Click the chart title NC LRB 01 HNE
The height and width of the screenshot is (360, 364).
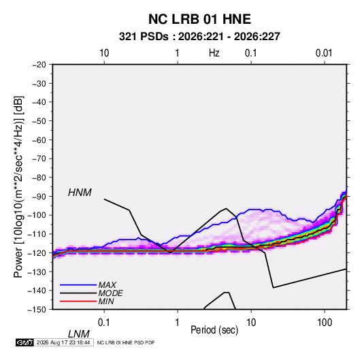(x=199, y=19)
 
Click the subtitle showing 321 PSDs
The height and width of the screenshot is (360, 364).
(x=199, y=37)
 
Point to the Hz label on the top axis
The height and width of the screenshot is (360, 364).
(x=214, y=53)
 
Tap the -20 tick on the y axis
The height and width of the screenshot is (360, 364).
(x=39, y=65)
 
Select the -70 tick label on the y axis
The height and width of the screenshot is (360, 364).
(x=39, y=159)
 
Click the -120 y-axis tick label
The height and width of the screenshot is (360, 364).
(x=37, y=252)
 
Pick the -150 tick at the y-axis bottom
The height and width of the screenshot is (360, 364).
(x=37, y=310)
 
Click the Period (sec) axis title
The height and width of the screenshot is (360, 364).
(x=214, y=330)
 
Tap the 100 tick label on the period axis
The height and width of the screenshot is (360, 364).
(x=325, y=323)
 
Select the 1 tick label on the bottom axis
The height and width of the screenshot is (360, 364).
(x=178, y=323)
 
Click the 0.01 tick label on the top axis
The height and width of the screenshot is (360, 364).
(x=324, y=53)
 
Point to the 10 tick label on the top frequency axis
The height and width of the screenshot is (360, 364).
(x=104, y=53)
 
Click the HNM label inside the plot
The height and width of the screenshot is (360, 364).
(x=80, y=193)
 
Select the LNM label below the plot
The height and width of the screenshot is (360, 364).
(x=79, y=334)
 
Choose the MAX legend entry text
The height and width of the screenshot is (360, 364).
(x=107, y=285)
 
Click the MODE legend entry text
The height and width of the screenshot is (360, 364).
(x=110, y=293)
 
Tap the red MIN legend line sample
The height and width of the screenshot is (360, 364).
(x=78, y=301)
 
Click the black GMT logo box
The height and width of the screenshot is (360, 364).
(x=24, y=342)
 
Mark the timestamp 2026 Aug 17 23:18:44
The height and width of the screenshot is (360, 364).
(x=63, y=342)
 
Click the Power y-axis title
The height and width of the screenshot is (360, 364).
(x=18, y=187)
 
